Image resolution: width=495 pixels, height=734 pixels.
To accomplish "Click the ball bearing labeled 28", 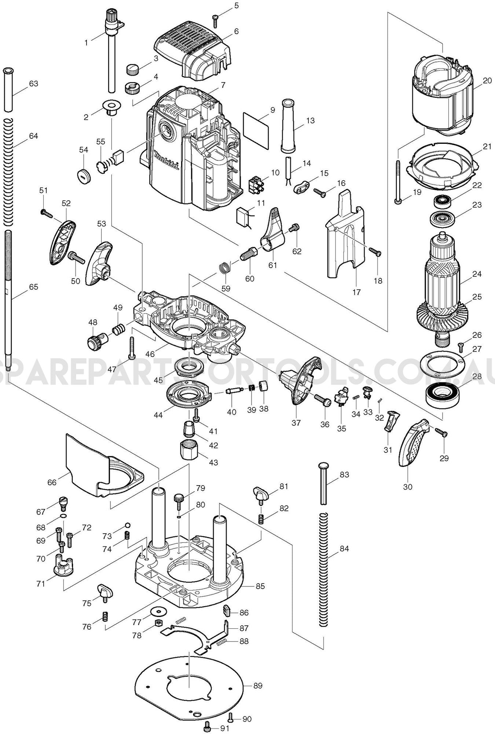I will [443, 393].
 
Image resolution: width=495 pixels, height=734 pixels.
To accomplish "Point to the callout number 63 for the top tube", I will [33, 84].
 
